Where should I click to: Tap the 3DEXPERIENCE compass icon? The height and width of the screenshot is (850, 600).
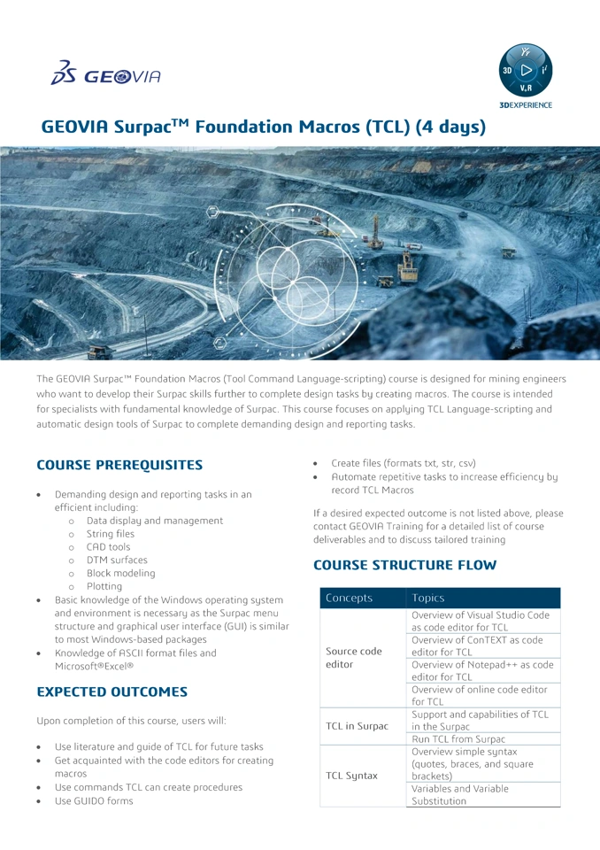tap(526, 71)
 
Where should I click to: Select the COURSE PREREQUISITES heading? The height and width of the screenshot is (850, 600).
tap(119, 465)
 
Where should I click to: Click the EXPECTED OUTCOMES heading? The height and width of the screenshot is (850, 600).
tap(112, 692)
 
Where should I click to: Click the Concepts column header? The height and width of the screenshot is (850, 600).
tap(350, 598)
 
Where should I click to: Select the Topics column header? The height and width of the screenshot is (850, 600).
tap(428, 598)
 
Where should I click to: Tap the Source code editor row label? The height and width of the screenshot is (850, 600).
tap(354, 657)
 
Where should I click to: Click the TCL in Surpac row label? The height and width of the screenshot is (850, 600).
tap(357, 726)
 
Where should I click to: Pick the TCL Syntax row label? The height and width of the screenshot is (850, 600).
tap(351, 776)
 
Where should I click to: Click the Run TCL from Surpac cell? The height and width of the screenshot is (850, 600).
tap(458, 738)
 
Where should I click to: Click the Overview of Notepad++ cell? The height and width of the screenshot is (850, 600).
tap(482, 670)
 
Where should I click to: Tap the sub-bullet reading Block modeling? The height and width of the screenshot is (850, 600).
tap(120, 573)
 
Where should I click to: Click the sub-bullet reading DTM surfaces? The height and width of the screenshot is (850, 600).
tap(117, 560)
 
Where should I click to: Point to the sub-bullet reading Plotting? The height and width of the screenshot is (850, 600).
tap(104, 586)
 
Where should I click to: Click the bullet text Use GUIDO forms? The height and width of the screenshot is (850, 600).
tap(94, 800)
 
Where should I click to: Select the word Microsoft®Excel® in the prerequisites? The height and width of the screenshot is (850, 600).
tap(94, 666)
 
